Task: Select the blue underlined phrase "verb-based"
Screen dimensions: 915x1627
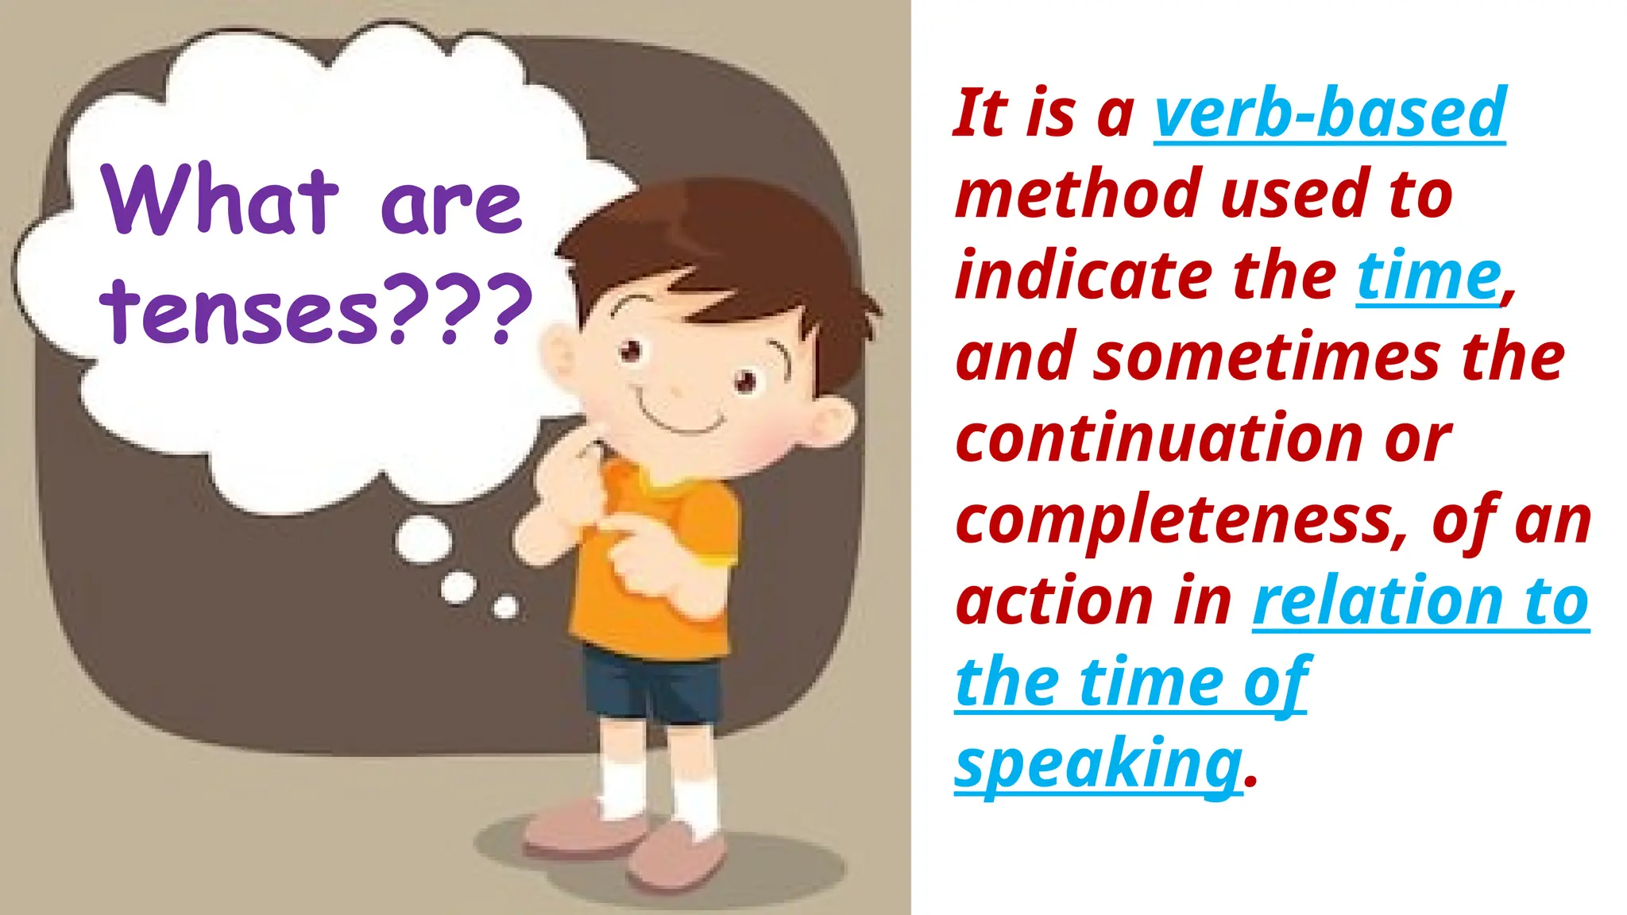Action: (x=1329, y=114)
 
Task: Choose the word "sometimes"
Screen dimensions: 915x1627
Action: (x=1266, y=357)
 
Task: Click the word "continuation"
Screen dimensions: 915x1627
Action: (x=1159, y=438)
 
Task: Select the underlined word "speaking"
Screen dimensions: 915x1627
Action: (x=1098, y=763)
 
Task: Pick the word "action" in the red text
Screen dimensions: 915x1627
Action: (x=1053, y=601)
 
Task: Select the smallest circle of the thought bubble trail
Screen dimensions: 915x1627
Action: (x=505, y=608)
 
